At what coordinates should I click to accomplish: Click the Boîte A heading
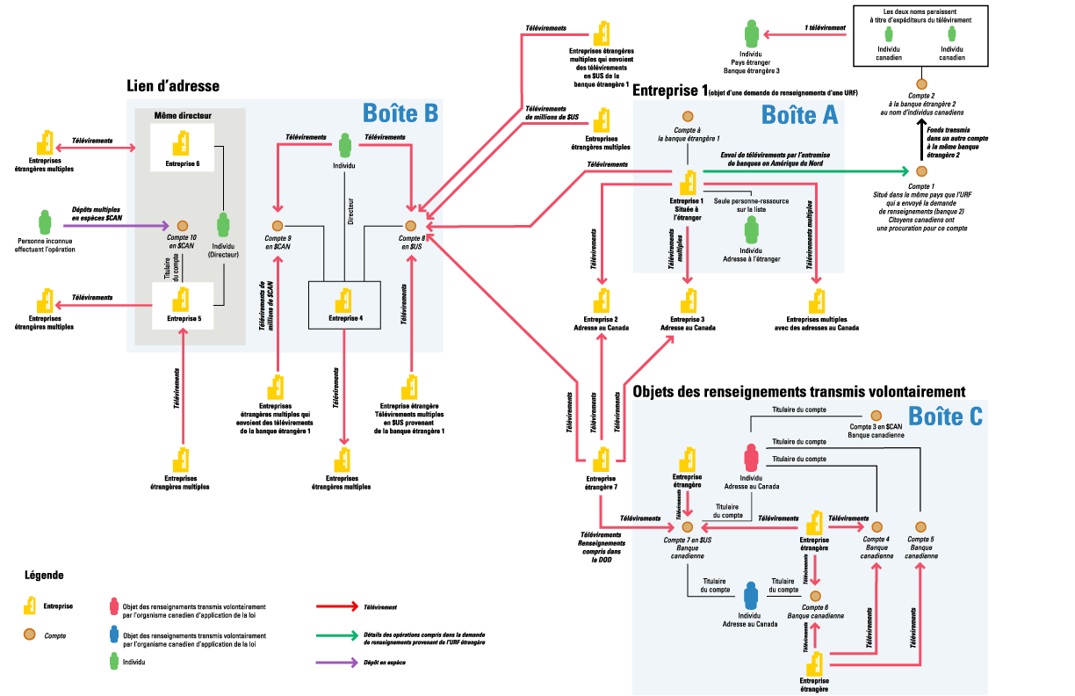(799, 114)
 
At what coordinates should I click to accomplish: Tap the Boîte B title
(400, 113)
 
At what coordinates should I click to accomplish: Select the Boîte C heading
(945, 417)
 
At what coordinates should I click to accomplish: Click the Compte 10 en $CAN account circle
(182, 226)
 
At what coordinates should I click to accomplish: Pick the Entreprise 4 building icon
(345, 297)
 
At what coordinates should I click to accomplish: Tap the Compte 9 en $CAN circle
(278, 227)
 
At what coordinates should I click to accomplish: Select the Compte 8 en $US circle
(410, 227)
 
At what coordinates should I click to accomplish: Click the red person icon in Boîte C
(751, 458)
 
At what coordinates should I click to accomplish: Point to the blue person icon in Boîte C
(750, 596)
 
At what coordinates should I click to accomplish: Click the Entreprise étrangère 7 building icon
(602, 460)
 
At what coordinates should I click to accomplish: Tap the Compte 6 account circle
(815, 596)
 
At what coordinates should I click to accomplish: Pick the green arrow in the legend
(333, 634)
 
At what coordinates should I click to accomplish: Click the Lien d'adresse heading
(173, 86)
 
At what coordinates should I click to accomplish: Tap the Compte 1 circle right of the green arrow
(921, 171)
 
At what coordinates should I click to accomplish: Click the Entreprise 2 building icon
(602, 297)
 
